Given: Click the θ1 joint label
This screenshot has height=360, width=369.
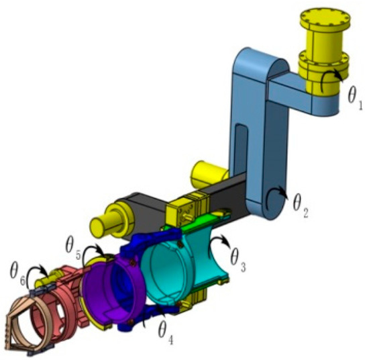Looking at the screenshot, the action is pos(355,97).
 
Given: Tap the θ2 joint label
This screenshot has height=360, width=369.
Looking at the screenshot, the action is pos(301,207).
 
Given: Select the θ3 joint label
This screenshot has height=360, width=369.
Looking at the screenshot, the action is pos(238,260).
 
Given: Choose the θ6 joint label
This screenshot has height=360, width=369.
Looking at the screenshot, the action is pos(17,274).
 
